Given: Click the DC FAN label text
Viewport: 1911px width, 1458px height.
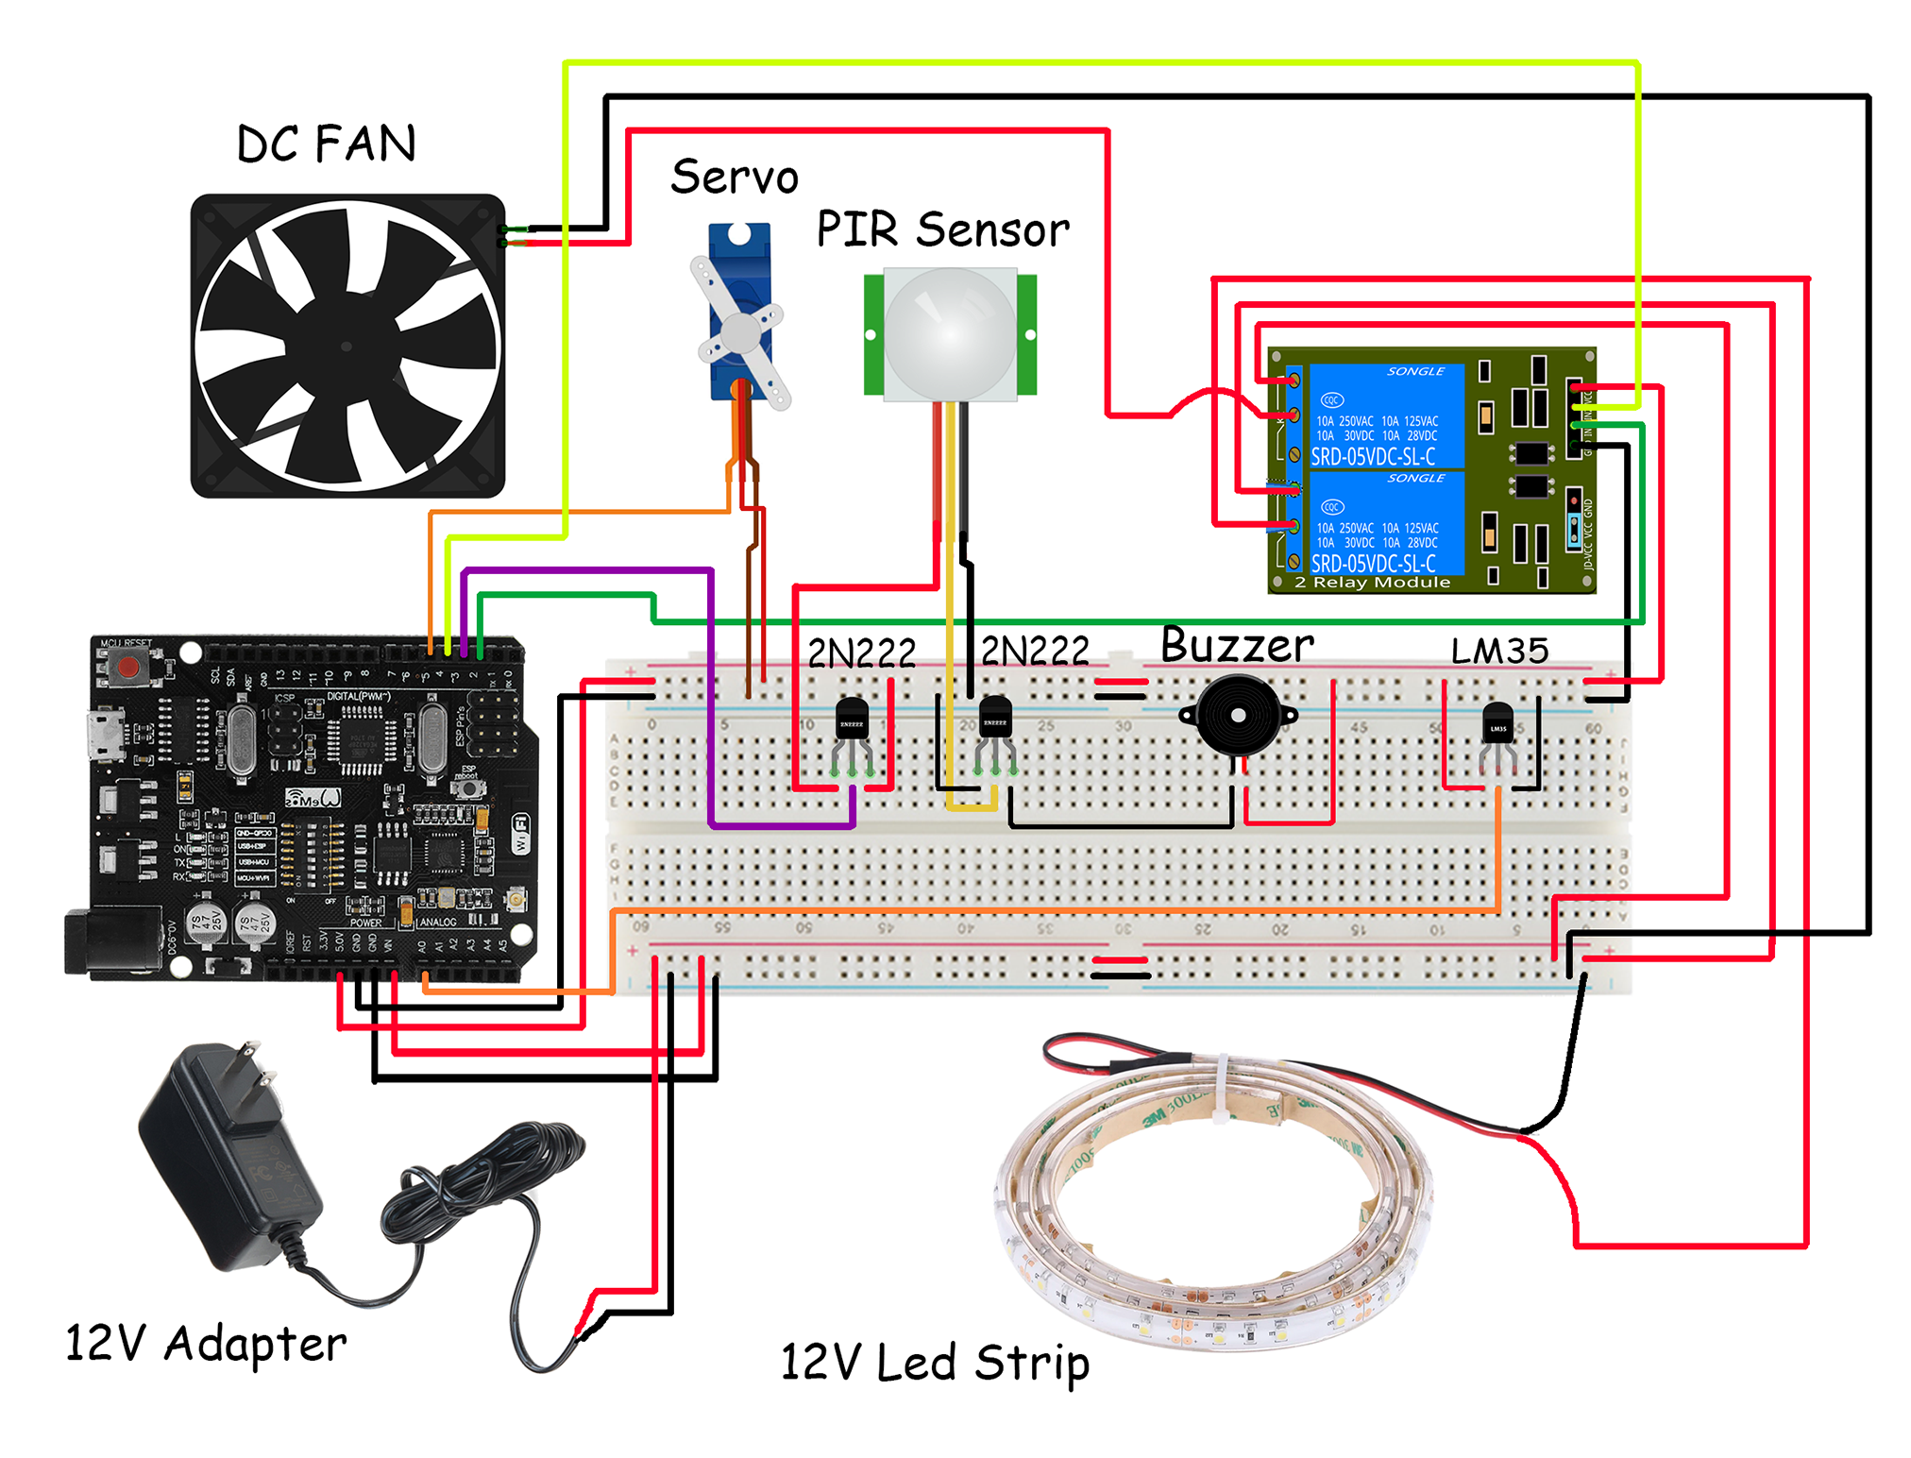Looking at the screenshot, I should (x=326, y=144).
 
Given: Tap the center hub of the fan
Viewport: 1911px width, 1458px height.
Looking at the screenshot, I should (x=346, y=347).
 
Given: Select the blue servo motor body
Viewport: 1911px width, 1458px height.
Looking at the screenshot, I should (x=740, y=312).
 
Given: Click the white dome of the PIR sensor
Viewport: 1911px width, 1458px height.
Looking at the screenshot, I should (x=950, y=332).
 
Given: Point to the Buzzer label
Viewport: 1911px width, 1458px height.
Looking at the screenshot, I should (x=1236, y=646).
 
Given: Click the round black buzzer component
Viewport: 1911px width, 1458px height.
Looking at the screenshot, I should (x=1238, y=716).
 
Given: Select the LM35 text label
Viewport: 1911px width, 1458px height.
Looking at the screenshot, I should (x=1499, y=651).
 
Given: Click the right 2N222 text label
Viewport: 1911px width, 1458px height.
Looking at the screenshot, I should (x=1035, y=652).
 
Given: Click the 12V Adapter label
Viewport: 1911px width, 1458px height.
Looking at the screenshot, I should (x=206, y=1343).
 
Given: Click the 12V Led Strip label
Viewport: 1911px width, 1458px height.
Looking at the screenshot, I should (x=935, y=1363).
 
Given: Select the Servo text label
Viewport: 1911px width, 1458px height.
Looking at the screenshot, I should (x=735, y=178).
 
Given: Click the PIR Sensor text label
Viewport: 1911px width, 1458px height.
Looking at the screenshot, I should (x=942, y=229).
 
